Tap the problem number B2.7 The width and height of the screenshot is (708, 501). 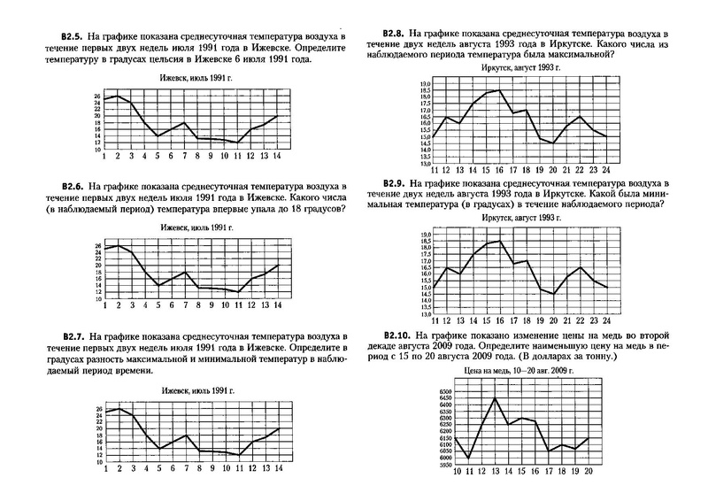click(x=78, y=338)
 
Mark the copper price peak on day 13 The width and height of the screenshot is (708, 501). click(x=494, y=398)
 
